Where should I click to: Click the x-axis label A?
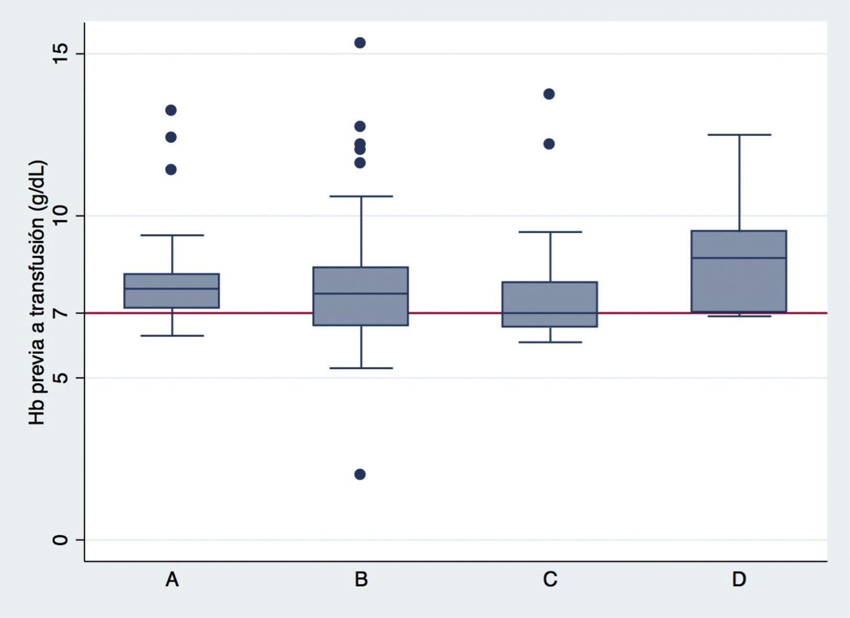172,579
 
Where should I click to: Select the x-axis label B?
361,579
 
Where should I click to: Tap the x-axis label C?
550,579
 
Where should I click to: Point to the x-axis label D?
739,579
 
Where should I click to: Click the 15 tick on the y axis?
61,53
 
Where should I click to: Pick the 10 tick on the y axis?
61,215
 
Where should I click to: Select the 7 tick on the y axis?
61,313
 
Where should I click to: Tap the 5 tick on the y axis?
61,377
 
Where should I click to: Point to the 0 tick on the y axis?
61,540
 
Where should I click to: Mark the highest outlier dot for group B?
360,43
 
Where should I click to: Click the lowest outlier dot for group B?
360,474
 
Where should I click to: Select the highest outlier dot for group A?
171,110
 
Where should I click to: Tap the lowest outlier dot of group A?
171,169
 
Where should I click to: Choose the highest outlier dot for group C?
549,94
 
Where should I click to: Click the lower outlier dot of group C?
549,144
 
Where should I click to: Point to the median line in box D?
739,258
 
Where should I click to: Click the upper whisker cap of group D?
739,135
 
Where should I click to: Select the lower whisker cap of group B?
361,368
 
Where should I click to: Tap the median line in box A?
172,289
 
